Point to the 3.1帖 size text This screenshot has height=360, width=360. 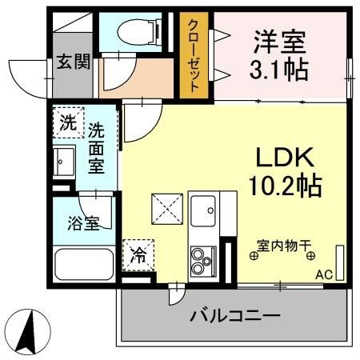coord(278,70)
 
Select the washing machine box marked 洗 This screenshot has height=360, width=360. coord(68,124)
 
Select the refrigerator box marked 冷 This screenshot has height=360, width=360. coord(138,256)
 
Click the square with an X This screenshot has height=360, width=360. coord(169,210)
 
